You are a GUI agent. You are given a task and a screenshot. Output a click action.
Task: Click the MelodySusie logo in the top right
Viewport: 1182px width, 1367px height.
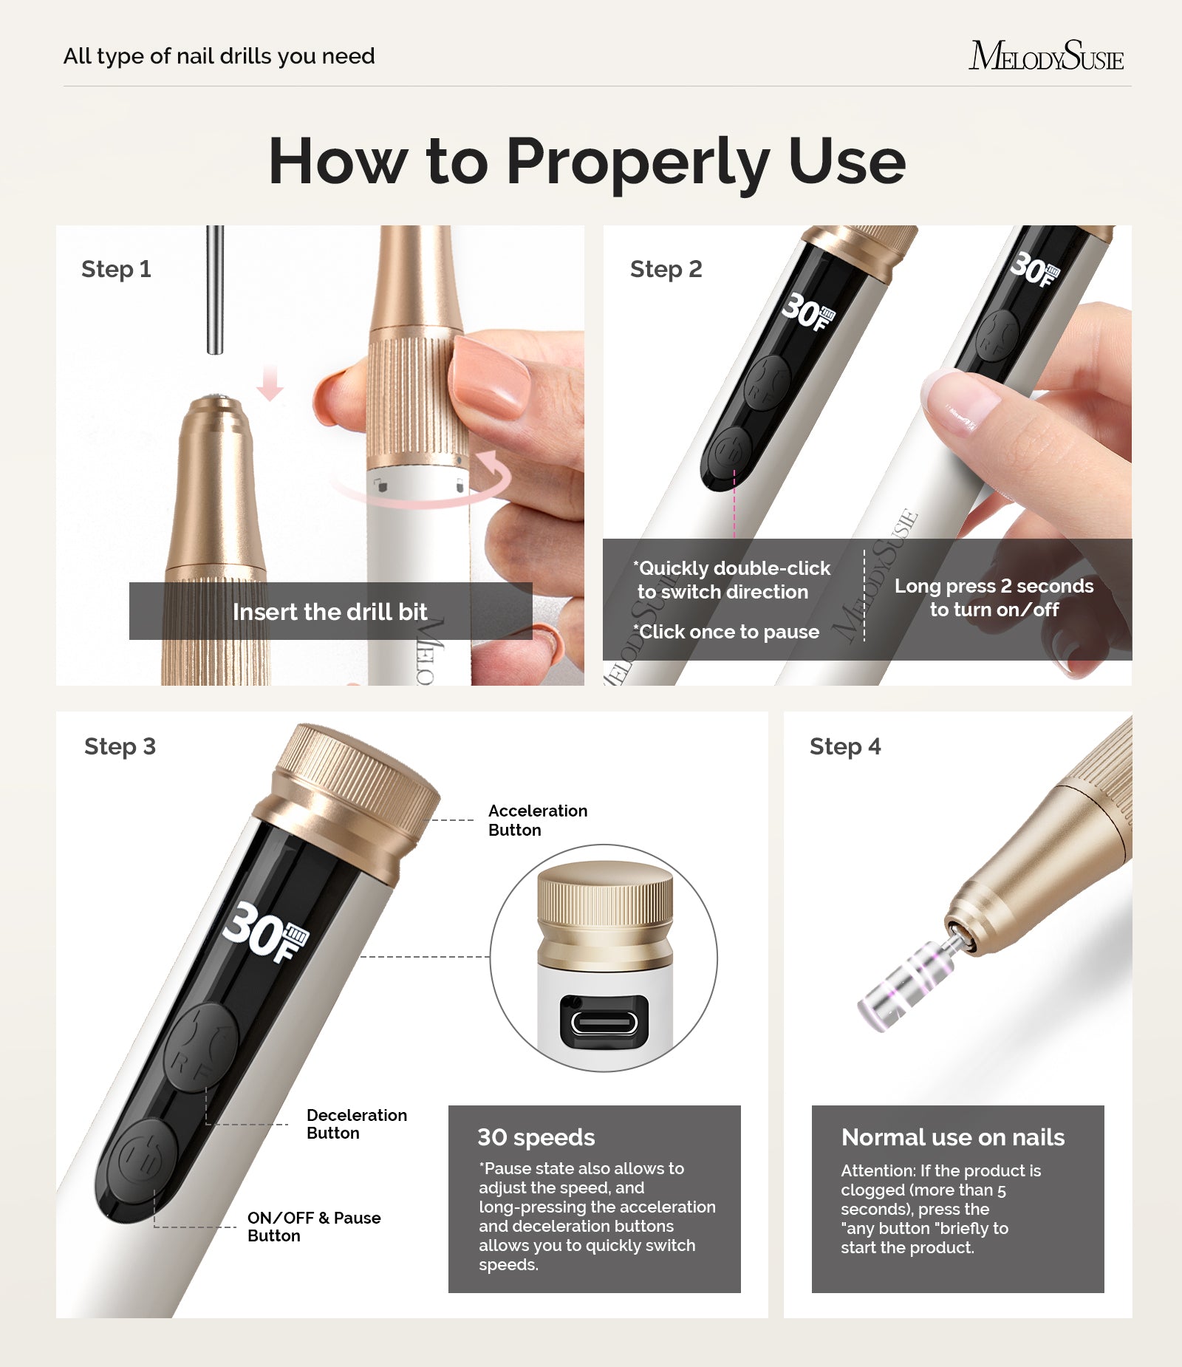point(1045,55)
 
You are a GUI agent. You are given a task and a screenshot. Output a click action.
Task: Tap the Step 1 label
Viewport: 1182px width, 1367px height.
point(116,269)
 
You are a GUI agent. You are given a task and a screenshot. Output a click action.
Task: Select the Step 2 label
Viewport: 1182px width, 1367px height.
point(666,269)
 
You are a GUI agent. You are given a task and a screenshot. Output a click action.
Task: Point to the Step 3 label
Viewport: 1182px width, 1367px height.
point(120,746)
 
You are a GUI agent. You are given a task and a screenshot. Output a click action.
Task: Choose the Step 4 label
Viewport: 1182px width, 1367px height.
point(845,746)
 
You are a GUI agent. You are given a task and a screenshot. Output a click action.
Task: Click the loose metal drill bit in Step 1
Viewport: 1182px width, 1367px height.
point(215,292)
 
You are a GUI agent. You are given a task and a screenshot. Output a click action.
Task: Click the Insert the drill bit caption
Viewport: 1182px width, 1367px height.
point(329,612)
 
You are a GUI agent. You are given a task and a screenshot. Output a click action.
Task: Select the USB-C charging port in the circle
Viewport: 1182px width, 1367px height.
point(604,1023)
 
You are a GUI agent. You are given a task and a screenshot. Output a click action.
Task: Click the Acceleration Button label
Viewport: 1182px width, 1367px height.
point(537,820)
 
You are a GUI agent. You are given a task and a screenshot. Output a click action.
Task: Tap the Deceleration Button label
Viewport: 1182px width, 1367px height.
point(356,1124)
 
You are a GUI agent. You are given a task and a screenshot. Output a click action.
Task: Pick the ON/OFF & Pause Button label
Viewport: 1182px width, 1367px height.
point(313,1227)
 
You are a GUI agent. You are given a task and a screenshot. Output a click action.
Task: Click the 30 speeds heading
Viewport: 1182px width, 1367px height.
point(536,1137)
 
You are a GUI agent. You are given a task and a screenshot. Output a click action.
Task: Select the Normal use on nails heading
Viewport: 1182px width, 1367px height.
point(952,1137)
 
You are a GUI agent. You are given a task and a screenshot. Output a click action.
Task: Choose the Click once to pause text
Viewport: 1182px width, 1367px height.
point(728,632)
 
